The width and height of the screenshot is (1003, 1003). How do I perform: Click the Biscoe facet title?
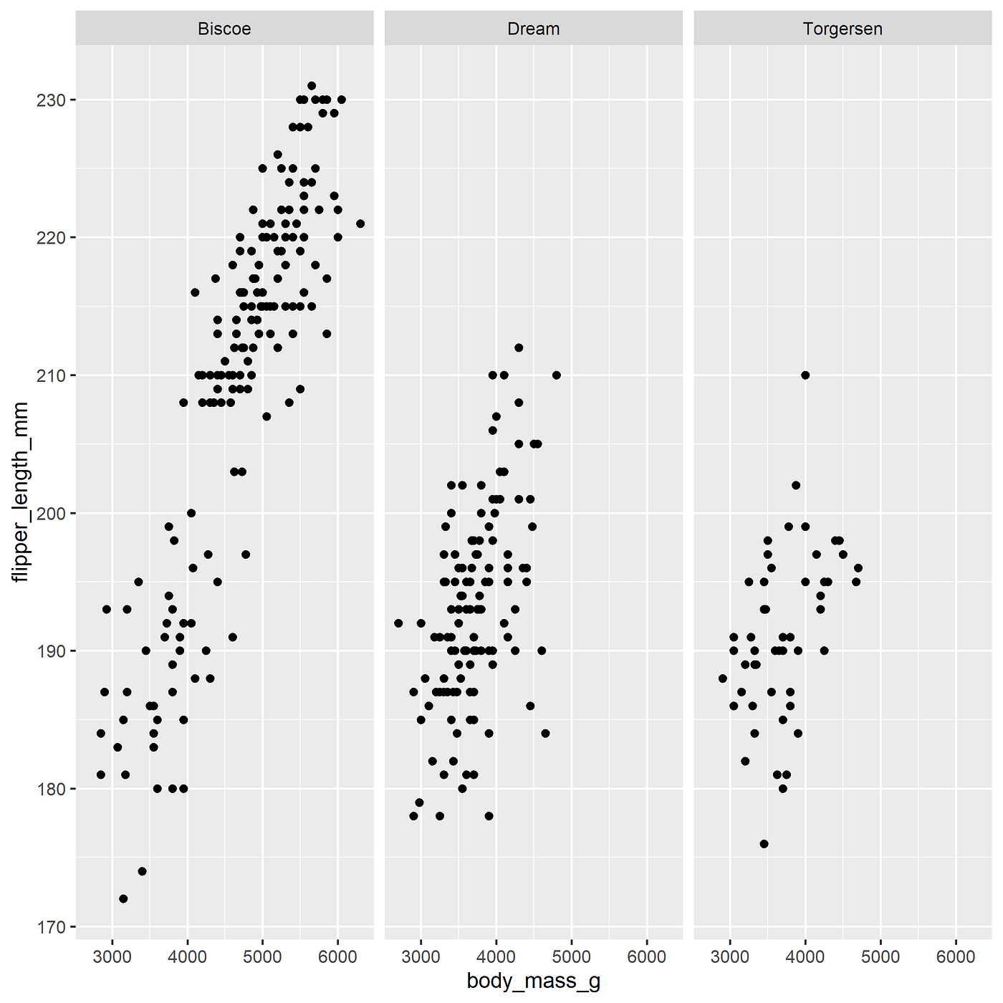coord(224,29)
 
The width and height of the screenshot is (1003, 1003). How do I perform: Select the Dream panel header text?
coord(533,29)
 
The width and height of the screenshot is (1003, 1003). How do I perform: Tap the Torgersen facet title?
coord(843,29)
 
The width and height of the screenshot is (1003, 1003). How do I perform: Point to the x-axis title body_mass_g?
coord(533,981)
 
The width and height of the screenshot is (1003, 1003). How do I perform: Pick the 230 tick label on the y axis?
coord(51,100)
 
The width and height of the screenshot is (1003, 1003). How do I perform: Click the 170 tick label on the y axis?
coord(51,926)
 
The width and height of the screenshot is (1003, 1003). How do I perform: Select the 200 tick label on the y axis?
coord(51,513)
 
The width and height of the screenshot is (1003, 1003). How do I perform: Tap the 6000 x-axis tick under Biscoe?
coord(337,956)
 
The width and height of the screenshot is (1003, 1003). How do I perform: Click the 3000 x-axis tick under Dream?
coord(421,956)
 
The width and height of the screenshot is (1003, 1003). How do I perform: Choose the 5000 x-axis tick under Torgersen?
coord(880,956)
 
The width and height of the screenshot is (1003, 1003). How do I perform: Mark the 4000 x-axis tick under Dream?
coord(496,956)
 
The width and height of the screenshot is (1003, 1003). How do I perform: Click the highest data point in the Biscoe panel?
coord(312,86)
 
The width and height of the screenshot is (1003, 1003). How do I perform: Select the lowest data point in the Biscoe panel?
coord(123,898)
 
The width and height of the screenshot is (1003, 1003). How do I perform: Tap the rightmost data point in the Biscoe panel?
coord(360,224)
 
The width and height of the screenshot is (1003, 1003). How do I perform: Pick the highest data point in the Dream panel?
coord(519,347)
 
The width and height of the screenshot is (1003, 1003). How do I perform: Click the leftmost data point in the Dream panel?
coord(398,623)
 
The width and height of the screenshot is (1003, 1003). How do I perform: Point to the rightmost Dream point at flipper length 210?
coord(557,375)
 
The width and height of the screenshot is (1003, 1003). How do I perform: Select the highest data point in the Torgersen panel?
coord(805,375)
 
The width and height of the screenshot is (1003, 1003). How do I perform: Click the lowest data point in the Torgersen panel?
coord(764,844)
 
